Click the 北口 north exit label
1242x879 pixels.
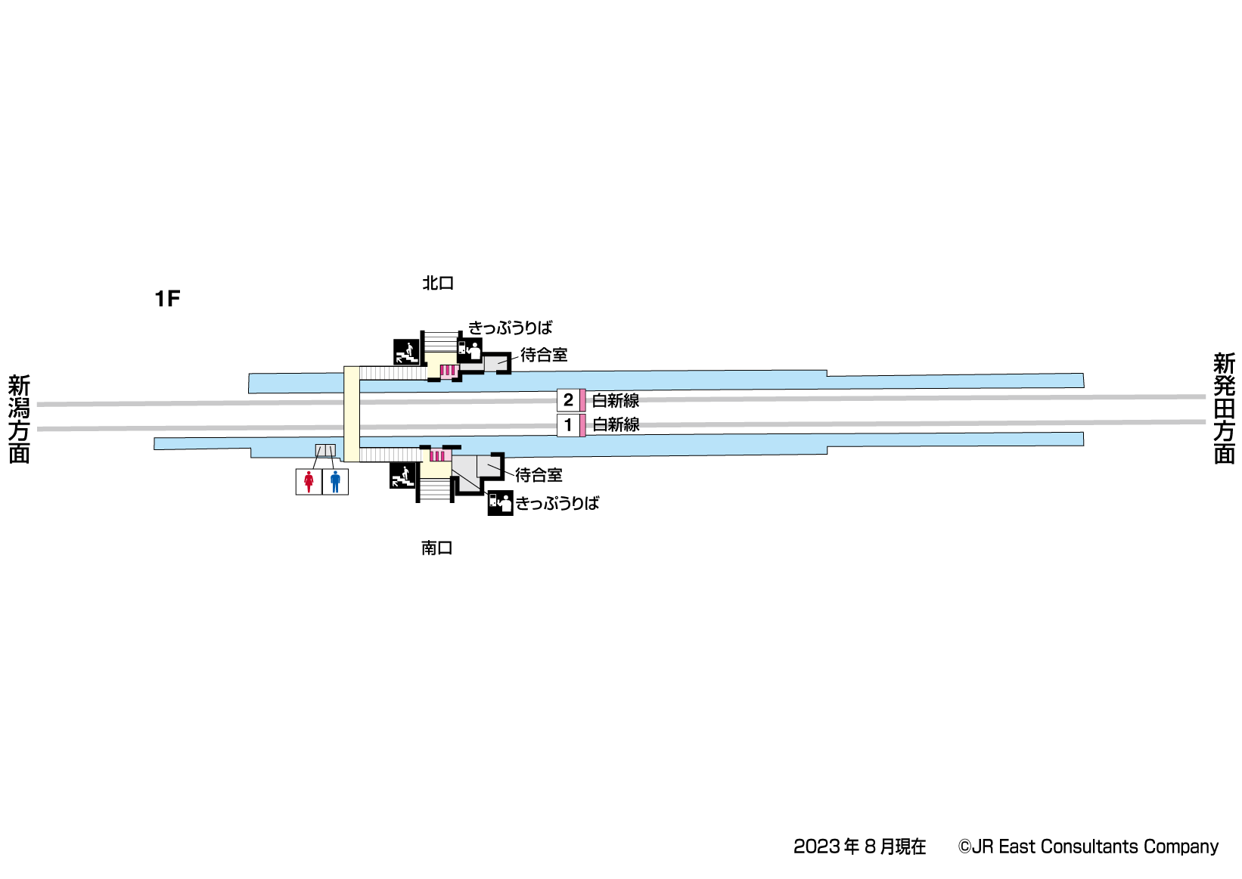(437, 284)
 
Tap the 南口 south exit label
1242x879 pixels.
(436, 548)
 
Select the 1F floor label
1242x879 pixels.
(167, 300)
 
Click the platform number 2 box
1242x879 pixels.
(568, 400)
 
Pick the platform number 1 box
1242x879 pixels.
(568, 425)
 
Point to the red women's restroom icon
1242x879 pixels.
(309, 482)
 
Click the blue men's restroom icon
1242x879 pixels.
(335, 482)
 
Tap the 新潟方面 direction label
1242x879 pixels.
(19, 419)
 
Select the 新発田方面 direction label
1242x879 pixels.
(1224, 408)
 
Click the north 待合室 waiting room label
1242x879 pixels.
(544, 355)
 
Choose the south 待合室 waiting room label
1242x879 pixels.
(539, 475)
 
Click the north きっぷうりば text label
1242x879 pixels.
(511, 328)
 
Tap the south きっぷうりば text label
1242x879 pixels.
(557, 504)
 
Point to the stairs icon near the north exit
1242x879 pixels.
(406, 352)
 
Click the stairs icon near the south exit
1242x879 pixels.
(402, 476)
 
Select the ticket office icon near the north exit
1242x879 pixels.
(470, 350)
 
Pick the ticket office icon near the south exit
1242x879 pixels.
(500, 503)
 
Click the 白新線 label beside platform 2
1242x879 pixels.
(616, 400)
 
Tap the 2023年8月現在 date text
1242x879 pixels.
(859, 846)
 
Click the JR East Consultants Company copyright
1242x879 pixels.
(1088, 846)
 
